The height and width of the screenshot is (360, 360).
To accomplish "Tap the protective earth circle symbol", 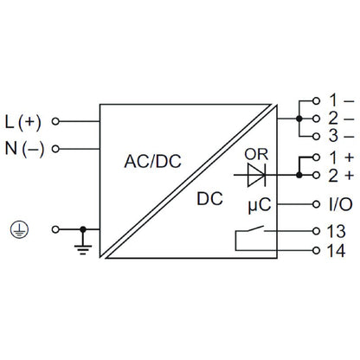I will click(x=15, y=229).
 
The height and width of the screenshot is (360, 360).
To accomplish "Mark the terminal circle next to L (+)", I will click(x=57, y=121).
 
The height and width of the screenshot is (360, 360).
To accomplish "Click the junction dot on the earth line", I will click(x=82, y=229).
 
